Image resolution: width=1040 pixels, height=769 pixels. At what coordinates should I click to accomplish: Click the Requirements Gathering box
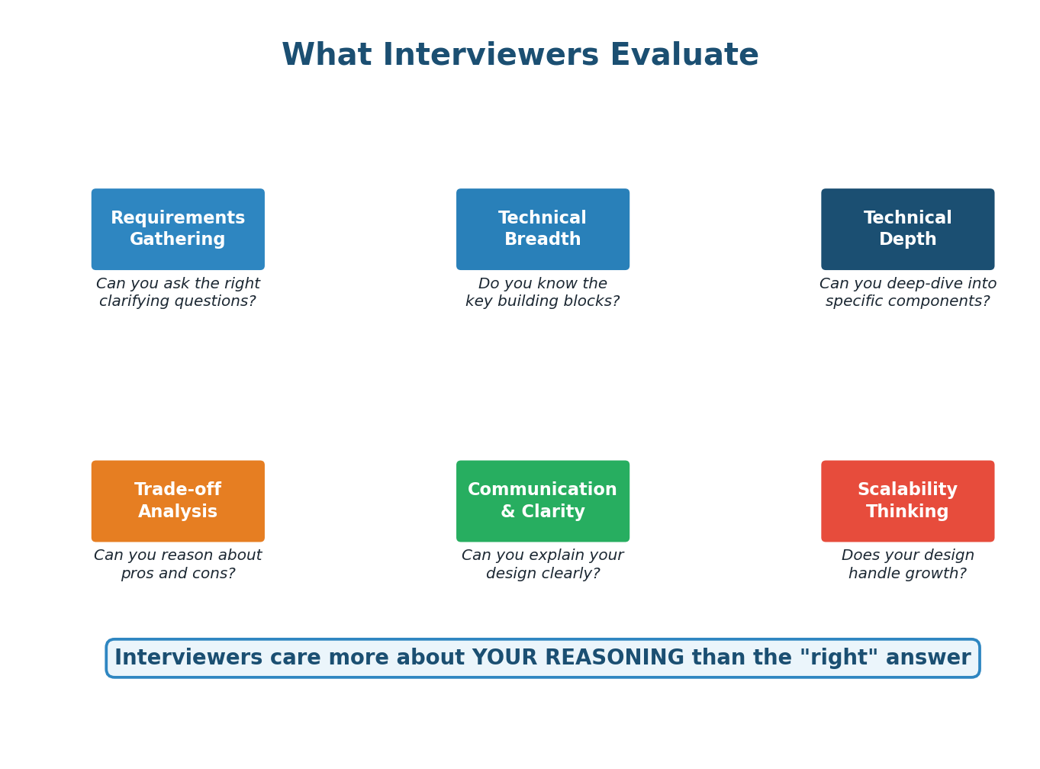point(178,229)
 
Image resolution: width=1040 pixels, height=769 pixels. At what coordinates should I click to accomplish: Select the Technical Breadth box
point(543,229)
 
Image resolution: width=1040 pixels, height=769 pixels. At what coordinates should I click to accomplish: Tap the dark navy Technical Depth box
point(907,229)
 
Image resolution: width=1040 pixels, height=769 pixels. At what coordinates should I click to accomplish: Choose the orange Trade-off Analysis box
point(178,501)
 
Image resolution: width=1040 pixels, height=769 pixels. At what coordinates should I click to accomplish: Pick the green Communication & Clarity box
point(543,501)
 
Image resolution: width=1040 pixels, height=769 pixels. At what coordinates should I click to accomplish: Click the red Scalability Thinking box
point(907,501)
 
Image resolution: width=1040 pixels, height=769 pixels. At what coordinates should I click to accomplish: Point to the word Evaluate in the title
point(684,56)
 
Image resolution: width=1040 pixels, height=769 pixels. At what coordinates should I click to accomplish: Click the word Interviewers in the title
point(485,56)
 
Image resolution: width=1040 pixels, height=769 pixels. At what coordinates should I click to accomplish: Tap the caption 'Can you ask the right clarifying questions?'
point(178,293)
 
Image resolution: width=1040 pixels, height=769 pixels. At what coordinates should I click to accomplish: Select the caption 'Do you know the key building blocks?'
point(543,293)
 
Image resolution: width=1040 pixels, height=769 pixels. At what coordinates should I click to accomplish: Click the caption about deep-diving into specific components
point(907,293)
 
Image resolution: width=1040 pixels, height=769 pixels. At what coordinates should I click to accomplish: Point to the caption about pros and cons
point(178,565)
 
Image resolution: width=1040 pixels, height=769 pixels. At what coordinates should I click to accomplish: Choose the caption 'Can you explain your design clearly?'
point(543,565)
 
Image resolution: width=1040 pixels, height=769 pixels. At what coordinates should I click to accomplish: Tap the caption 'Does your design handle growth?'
point(907,565)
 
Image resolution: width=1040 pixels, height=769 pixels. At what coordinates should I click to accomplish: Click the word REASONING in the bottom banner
point(620,658)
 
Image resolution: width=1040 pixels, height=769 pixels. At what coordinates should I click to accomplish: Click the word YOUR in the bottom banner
point(499,658)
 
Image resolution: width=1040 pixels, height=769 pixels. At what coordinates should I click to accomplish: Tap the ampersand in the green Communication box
point(507,512)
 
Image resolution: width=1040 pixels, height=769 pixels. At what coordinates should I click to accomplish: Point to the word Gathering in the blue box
point(178,240)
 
